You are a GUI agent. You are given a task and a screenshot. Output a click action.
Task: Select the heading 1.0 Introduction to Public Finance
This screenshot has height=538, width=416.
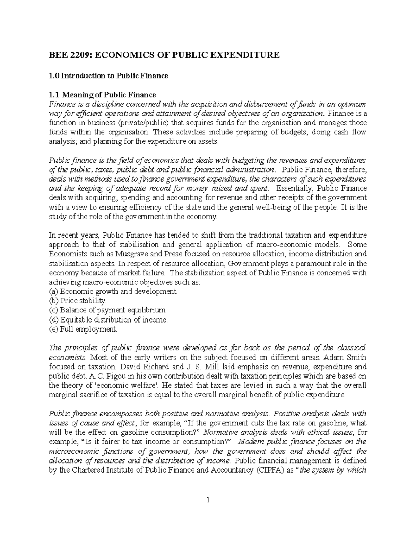pos(108,76)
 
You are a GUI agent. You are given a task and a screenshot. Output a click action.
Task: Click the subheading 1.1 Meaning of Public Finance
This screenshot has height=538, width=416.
pos(102,95)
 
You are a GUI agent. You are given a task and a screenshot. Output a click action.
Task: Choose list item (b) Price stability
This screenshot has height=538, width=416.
pos(78,301)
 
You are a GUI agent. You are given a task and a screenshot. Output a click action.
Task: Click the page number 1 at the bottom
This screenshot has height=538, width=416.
pos(208,500)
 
